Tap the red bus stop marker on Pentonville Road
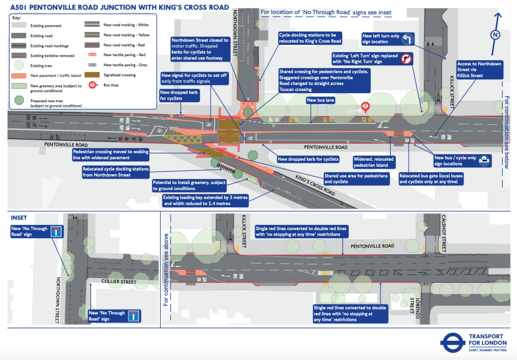tap(365, 106)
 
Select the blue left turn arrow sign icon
tap(407, 39)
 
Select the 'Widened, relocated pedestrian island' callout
tap(373, 162)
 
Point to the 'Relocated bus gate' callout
tap(431, 178)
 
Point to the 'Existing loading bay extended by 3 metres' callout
tap(205, 200)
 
